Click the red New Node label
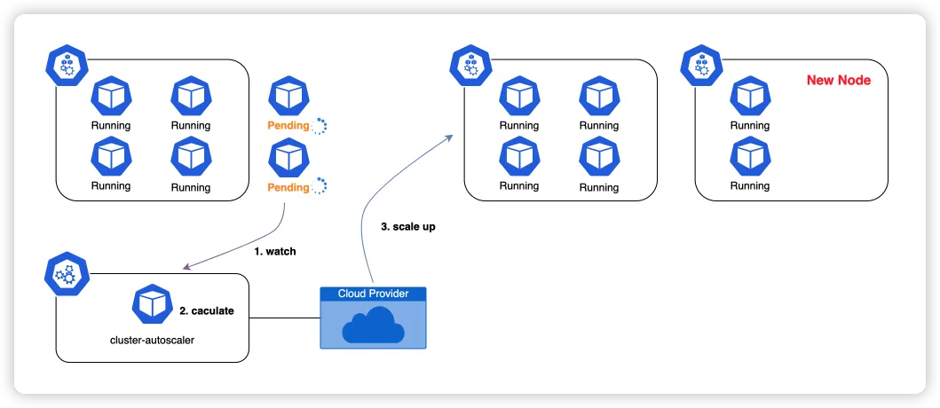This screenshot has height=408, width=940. [x=838, y=80]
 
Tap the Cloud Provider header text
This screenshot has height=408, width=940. [x=373, y=294]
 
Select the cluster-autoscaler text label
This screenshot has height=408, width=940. [x=153, y=340]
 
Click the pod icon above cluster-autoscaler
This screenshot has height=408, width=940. [x=151, y=304]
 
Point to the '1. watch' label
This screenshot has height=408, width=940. [x=275, y=252]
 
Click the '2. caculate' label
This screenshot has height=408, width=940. [x=206, y=311]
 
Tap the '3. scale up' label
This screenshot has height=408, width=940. [x=408, y=227]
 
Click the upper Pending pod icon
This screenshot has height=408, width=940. [x=288, y=97]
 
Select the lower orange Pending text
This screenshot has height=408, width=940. [x=288, y=187]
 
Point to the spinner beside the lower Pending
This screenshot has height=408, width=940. [x=320, y=186]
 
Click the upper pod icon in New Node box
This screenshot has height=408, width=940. [x=750, y=97]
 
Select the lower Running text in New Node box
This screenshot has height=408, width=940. [x=750, y=186]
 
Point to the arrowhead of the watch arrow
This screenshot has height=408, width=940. [x=183, y=268]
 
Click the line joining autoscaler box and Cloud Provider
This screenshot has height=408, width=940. [x=284, y=318]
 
